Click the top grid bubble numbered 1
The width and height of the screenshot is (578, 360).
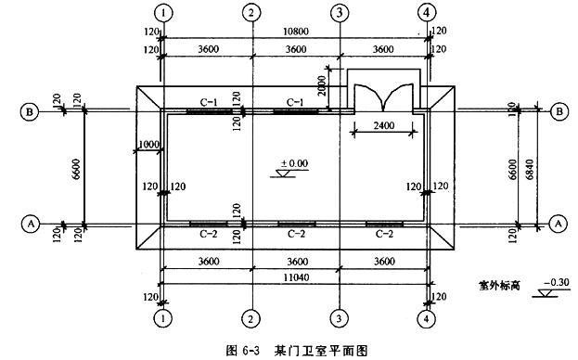click(163, 13)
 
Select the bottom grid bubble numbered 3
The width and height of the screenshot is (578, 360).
click(340, 317)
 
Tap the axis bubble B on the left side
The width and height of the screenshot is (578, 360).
click(30, 111)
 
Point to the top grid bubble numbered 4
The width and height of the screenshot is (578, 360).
click(427, 13)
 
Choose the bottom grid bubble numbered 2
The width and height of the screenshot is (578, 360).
click(251, 317)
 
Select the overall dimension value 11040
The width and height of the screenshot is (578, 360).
click(294, 276)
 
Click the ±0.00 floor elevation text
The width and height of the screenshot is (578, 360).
click(296, 164)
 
